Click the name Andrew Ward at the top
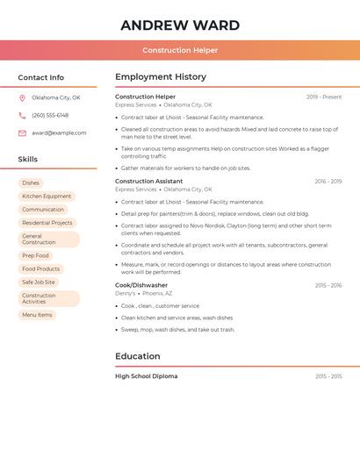tap(180, 25)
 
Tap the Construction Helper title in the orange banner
tap(180, 50)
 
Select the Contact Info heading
tap(41, 77)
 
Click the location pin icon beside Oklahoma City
tap(22, 97)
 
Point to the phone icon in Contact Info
tap(22, 115)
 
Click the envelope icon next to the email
tap(22, 132)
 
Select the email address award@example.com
tap(59, 132)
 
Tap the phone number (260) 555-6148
tap(50, 115)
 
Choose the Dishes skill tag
tap(31, 182)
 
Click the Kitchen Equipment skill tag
tap(47, 197)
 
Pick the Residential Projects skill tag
tap(47, 223)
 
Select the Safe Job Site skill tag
tap(39, 282)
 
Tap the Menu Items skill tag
tap(37, 314)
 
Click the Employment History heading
tap(161, 76)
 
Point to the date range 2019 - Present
tap(324, 97)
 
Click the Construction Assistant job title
tap(149, 181)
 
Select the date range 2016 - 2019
tap(328, 182)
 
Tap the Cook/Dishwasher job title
tap(141, 285)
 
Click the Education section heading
tap(138, 356)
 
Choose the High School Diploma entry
tap(147, 376)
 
